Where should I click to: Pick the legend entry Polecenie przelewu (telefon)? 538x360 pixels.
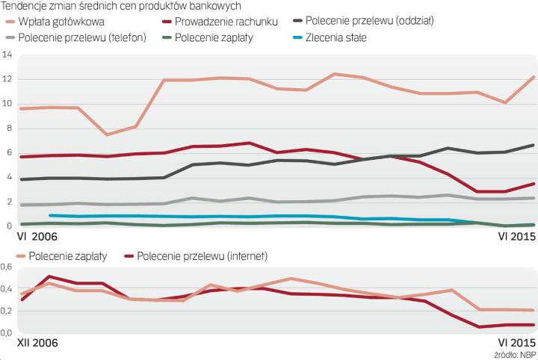pos(83,37)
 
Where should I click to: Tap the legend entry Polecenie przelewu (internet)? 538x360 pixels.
pos(199,256)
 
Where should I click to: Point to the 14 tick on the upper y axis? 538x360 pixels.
pos(7,55)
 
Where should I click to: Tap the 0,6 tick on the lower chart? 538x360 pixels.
pos(9,267)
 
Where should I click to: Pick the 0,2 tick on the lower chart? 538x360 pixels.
pos(9,310)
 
